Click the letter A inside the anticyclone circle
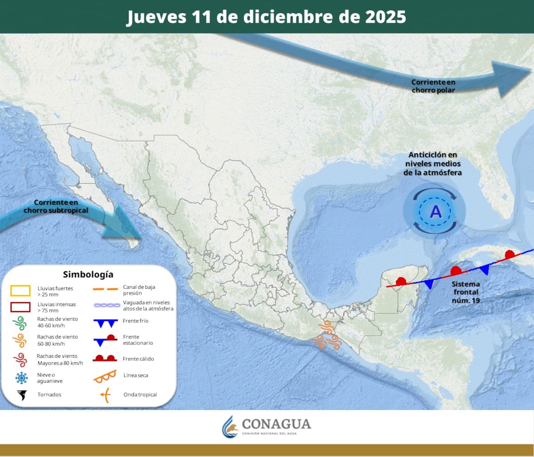(x=436, y=211)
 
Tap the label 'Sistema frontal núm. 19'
(x=465, y=292)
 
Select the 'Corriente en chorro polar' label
(x=433, y=86)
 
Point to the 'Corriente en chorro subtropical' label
(x=56, y=206)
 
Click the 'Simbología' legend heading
(x=88, y=274)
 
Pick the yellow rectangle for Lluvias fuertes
(x=20, y=291)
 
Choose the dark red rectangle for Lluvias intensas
(x=20, y=307)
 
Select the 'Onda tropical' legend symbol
(x=105, y=395)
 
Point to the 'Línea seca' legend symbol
(x=105, y=376)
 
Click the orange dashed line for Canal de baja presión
(x=105, y=290)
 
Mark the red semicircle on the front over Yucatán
(x=401, y=281)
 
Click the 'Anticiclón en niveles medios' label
(x=433, y=163)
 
